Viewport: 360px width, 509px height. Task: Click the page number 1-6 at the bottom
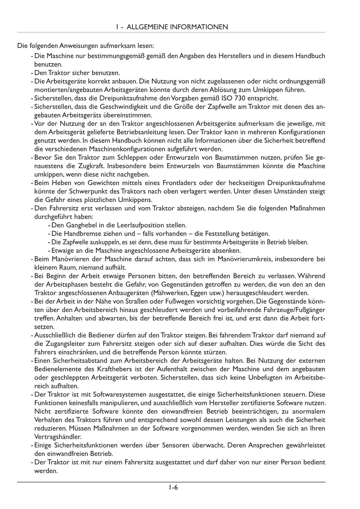coord(172,488)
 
